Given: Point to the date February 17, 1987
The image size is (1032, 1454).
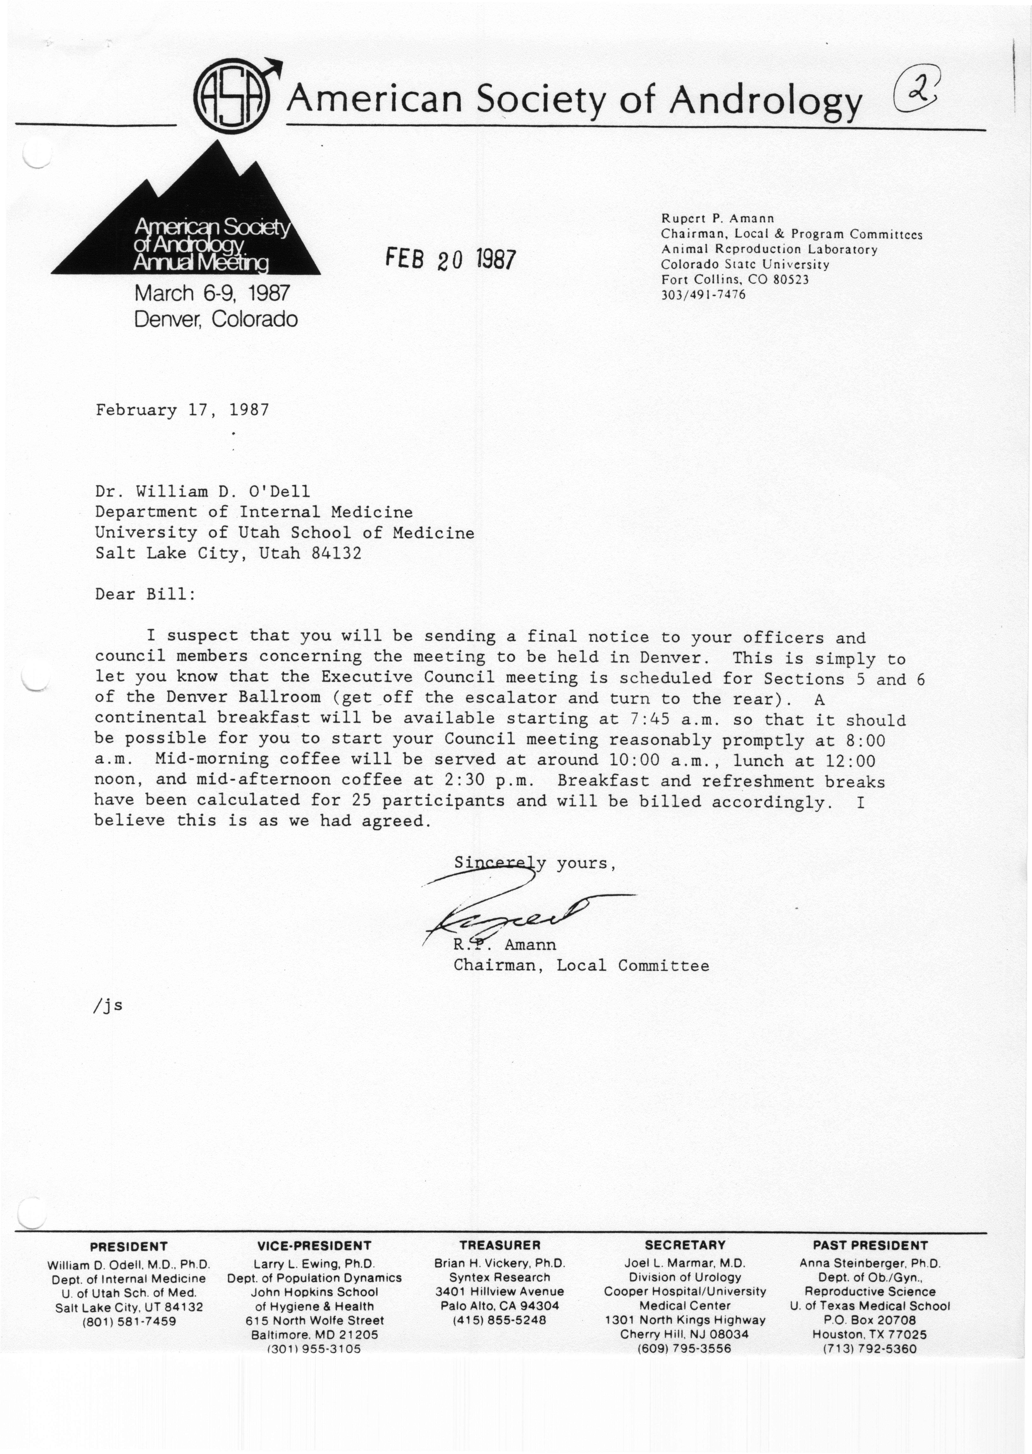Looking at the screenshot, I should coord(182,410).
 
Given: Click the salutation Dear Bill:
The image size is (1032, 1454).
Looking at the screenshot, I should coord(146,595).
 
